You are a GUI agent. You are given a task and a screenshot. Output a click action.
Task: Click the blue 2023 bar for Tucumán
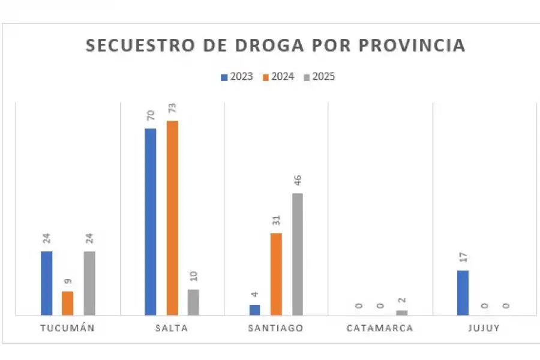coord(46,283)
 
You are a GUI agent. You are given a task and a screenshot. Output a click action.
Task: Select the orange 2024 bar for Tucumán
coord(68,303)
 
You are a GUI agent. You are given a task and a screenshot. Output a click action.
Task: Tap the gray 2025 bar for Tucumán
coord(89,283)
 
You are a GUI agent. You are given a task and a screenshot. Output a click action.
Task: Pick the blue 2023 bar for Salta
coord(150,221)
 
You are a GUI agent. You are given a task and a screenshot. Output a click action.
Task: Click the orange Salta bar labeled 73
coord(172,217)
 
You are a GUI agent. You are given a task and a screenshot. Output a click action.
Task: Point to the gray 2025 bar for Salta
coord(193,302)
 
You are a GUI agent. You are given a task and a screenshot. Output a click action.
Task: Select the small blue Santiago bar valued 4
coord(254,310)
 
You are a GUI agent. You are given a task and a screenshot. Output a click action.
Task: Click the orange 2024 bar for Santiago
coord(276,274)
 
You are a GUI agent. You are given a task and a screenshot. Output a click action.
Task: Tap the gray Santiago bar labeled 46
coord(298,254)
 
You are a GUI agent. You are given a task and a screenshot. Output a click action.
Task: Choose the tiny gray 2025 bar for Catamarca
coord(401,313)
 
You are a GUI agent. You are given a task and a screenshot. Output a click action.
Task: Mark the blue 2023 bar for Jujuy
coord(463,292)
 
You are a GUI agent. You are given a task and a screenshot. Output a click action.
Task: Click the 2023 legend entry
coord(237,77)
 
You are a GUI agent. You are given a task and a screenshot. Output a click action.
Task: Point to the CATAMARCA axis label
coord(380,328)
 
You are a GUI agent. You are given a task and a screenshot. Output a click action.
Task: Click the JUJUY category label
coord(484,328)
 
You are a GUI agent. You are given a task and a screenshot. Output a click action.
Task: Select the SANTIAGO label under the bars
coord(276,328)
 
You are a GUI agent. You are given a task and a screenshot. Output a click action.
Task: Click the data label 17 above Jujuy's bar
coord(463,258)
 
